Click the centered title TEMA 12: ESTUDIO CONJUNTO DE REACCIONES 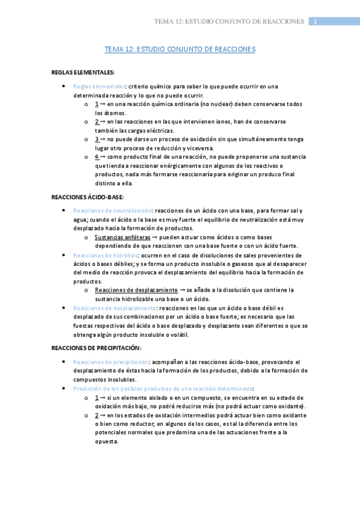point(180,49)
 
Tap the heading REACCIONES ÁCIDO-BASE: point(88,197)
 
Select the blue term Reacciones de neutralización point(112,210)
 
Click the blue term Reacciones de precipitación point(111,362)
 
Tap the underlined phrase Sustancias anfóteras point(123,237)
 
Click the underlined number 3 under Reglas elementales point(97,139)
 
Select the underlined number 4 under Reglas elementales point(97,156)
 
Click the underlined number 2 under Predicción point(97,415)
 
